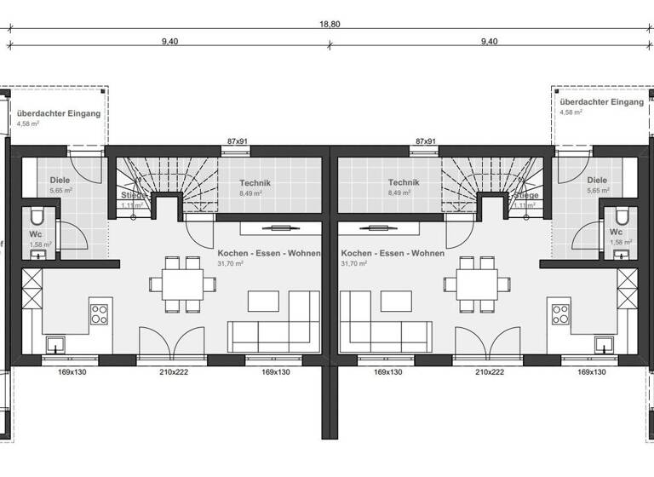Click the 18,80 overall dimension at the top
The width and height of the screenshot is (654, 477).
tap(330, 24)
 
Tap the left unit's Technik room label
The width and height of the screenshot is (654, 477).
tap(255, 182)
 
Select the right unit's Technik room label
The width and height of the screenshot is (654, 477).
tap(404, 182)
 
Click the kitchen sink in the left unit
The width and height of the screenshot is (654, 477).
tap(56, 344)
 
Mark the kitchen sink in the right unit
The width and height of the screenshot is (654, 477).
tap(604, 344)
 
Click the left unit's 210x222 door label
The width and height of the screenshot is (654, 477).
tap(174, 372)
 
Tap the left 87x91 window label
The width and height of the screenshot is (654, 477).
tap(236, 141)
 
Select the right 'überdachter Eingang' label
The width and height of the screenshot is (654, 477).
tap(601, 101)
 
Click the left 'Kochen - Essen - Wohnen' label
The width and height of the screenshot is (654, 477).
tap(268, 254)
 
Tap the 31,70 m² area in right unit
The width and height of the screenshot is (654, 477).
tap(353, 264)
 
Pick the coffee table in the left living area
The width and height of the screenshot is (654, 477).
tap(263, 301)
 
